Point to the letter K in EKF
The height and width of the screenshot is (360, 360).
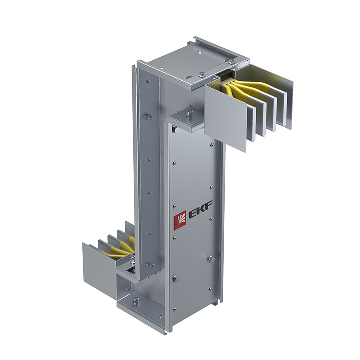point(201,209)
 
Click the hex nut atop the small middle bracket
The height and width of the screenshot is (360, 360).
point(189,113)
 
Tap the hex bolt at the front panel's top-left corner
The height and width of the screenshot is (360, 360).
point(175,130)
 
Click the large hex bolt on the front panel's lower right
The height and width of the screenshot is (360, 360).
point(211,259)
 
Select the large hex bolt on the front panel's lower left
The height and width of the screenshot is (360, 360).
point(176,279)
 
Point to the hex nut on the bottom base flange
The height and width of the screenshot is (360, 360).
point(136,300)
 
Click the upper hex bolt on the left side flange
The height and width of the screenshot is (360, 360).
point(149,117)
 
